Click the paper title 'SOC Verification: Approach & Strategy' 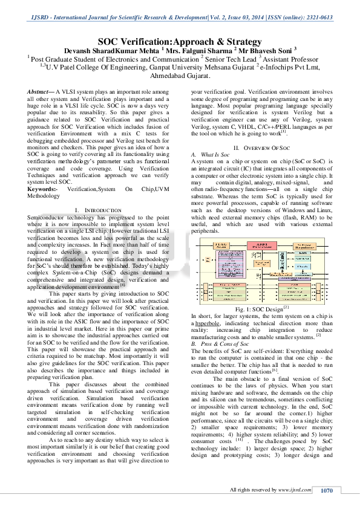point(180,42)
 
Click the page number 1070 point(327,490)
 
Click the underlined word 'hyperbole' point(207,323)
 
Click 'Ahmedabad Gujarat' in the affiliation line point(180,77)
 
